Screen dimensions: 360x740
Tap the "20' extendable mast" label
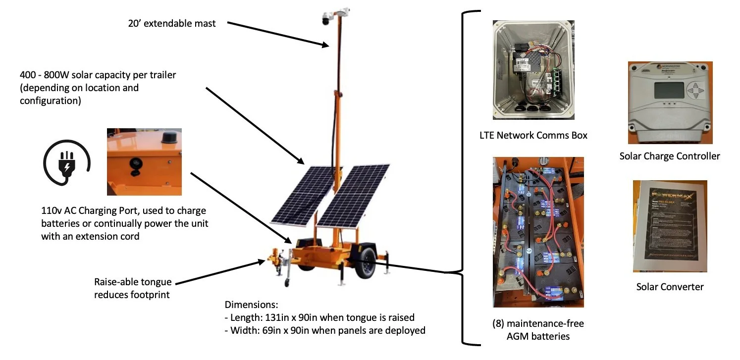(172, 23)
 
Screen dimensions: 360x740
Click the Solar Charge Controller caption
(669, 156)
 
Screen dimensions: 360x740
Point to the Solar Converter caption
(670, 287)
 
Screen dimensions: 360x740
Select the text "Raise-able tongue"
(133, 282)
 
